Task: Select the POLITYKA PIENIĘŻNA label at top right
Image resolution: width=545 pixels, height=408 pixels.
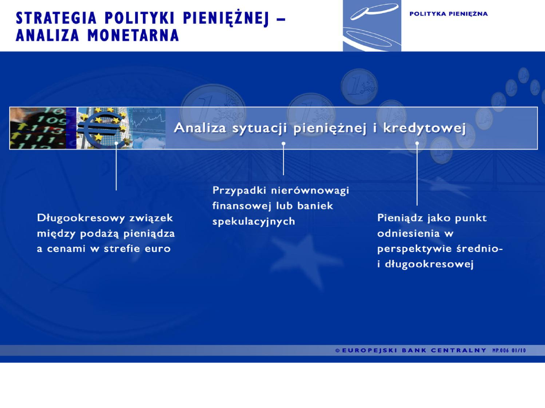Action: coord(449,14)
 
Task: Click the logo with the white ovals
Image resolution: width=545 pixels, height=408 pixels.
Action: coord(372,25)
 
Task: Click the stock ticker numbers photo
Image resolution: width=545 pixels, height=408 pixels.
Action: coord(43,128)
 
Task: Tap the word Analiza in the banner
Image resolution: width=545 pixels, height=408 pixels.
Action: coord(200,128)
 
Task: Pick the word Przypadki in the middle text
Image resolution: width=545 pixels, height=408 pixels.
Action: coord(240,190)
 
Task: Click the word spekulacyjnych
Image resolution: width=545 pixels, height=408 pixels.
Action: coord(253,222)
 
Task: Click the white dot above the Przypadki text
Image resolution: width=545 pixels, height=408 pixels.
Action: coord(284,144)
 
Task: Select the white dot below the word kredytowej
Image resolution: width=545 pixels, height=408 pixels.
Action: coord(417,143)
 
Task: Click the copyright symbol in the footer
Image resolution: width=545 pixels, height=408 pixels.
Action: coord(337,351)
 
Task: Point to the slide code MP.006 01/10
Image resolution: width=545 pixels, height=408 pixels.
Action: coord(509,351)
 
